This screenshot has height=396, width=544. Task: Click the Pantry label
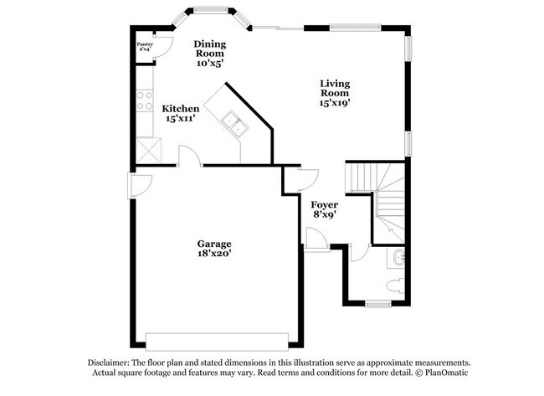pyautogui.click(x=145, y=44)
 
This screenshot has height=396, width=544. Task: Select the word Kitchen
pyautogui.click(x=180, y=109)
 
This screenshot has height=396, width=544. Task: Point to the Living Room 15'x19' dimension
pyautogui.click(x=335, y=103)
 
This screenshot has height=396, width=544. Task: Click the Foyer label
pyautogui.click(x=324, y=205)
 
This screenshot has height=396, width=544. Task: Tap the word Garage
pyautogui.click(x=214, y=244)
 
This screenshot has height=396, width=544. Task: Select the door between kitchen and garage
pyautogui.click(x=190, y=157)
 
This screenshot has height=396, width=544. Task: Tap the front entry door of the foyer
pyautogui.click(x=316, y=240)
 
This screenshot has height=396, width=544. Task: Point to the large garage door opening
pyautogui.click(x=217, y=341)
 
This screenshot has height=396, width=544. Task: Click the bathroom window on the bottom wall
pyautogui.click(x=379, y=303)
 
